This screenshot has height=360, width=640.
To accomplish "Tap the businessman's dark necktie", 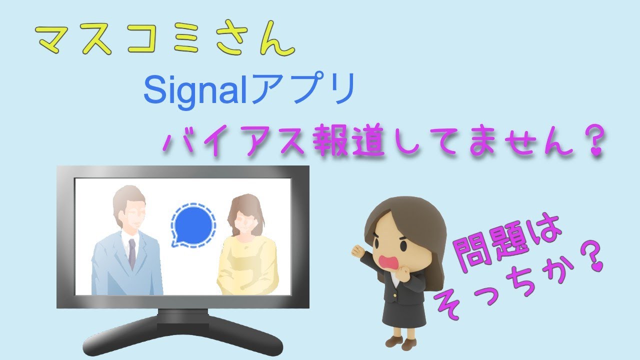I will [x=131, y=252].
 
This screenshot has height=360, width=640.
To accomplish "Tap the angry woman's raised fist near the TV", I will [x=358, y=248].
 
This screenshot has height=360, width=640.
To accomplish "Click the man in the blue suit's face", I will [x=130, y=215].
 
